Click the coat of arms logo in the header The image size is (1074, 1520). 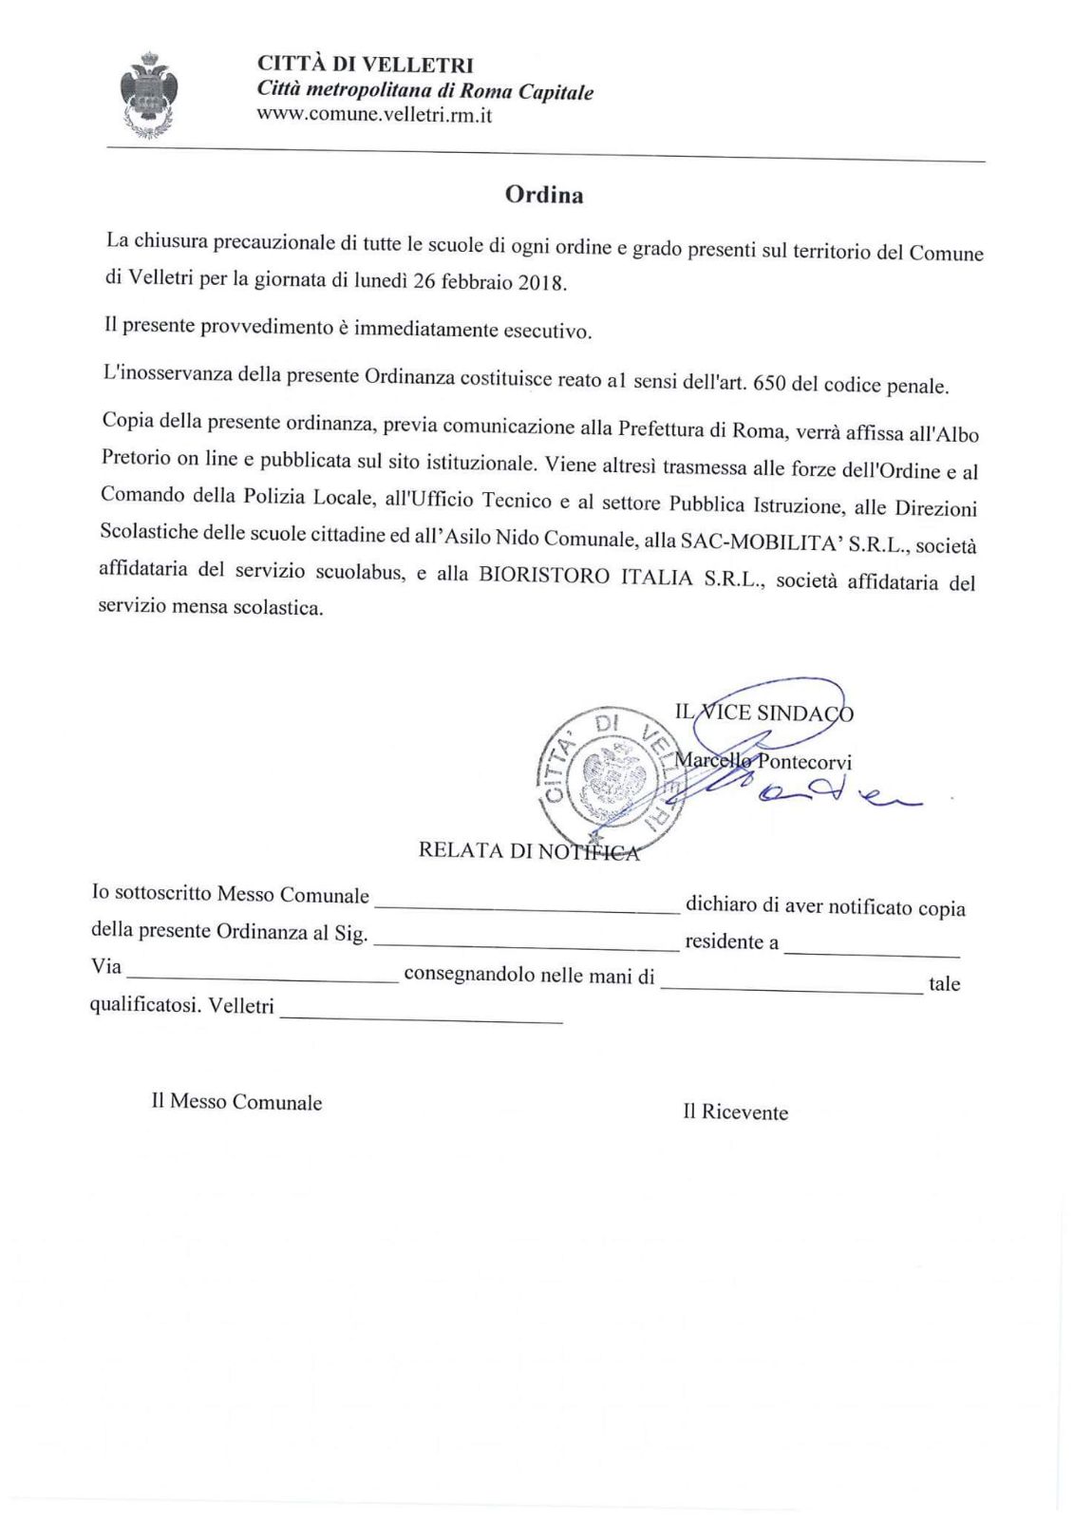(149, 96)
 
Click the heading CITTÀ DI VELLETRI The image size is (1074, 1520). (365, 66)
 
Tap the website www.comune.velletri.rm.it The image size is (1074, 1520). (374, 116)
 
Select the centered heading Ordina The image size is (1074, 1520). (544, 195)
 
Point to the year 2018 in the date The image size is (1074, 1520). (541, 283)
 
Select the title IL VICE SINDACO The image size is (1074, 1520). (763, 712)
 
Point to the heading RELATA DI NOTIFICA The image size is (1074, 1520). (529, 850)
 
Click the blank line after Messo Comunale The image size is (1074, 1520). (527, 909)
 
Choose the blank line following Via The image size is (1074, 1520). (263, 978)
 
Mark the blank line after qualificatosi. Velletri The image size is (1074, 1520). (422, 1019)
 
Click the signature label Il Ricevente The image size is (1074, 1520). (735, 1112)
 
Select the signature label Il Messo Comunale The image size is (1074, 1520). (236, 1102)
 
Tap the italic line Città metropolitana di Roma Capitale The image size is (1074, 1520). (425, 92)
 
